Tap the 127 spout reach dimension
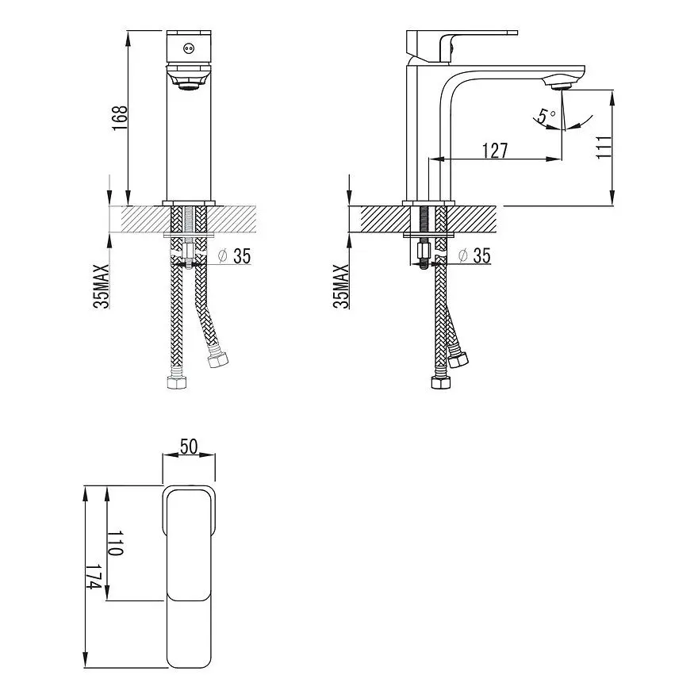[495, 151]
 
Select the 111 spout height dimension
[604, 147]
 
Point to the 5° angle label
[546, 116]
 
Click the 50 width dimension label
[189, 446]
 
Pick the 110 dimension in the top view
[115, 543]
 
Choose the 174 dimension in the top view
[94, 577]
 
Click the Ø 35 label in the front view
[234, 255]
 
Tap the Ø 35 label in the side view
[474, 255]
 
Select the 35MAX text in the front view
[101, 286]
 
